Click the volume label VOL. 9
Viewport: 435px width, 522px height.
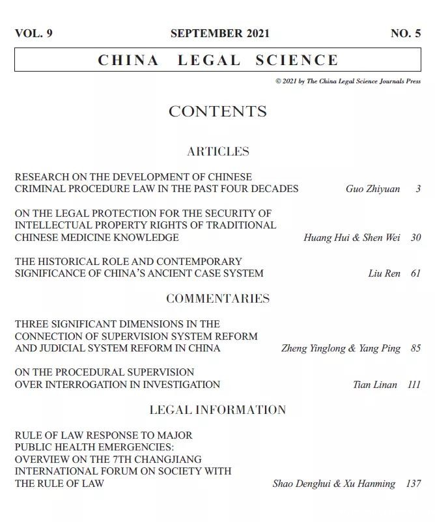click(x=33, y=34)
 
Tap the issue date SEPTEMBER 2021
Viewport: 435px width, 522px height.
click(x=219, y=34)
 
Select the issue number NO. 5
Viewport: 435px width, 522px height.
click(x=405, y=34)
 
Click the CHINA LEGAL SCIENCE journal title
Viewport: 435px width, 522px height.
click(x=218, y=61)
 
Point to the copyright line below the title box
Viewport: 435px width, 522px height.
click(x=348, y=82)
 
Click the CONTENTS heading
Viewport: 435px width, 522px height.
click(x=218, y=112)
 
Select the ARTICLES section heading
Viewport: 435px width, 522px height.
click(x=218, y=152)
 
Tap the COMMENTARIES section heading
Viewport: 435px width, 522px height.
click(x=218, y=299)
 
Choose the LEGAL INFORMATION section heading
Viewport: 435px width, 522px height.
click(x=218, y=410)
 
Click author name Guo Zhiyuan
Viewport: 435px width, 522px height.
click(x=372, y=189)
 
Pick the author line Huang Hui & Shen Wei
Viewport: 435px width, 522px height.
click(x=352, y=238)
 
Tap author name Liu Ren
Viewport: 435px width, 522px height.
click(x=384, y=273)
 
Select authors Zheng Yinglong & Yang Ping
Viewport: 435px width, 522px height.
click(x=341, y=348)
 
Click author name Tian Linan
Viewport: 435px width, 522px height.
click(x=374, y=385)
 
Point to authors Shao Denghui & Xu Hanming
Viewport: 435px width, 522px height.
click(x=333, y=484)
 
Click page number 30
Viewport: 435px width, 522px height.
click(x=415, y=238)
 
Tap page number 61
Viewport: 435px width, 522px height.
click(x=415, y=273)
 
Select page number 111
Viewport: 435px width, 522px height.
click(x=414, y=385)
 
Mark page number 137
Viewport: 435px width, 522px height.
click(x=413, y=484)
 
